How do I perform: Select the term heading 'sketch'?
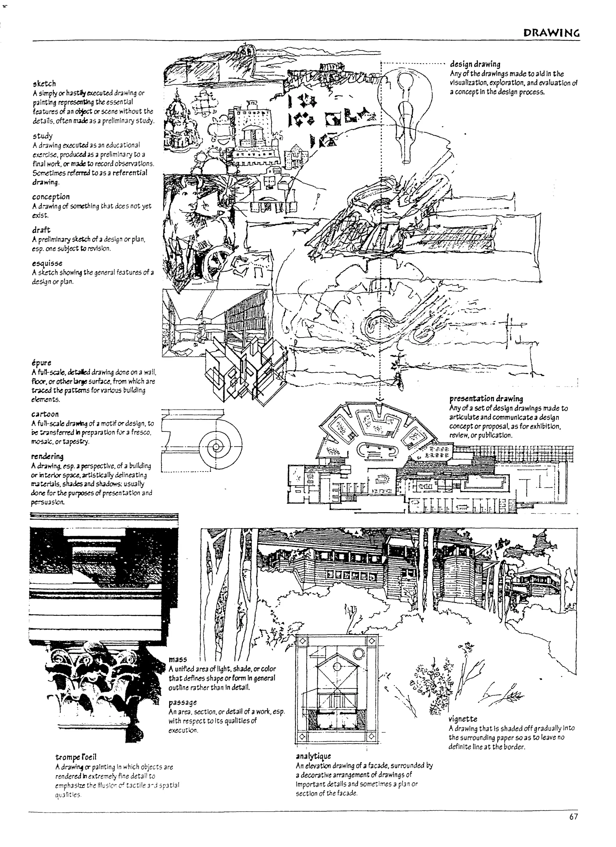tap(44, 83)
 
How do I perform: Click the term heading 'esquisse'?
tap(47, 263)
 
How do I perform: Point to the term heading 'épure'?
tap(42, 363)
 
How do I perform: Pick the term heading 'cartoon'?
tap(45, 414)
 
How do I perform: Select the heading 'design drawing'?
tap(475, 64)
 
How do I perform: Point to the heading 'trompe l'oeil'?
tap(76, 757)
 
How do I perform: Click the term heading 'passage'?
tap(183, 703)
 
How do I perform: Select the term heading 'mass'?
tap(178, 660)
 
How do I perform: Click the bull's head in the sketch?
tap(189, 203)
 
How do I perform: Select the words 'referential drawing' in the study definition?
tap(90, 178)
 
